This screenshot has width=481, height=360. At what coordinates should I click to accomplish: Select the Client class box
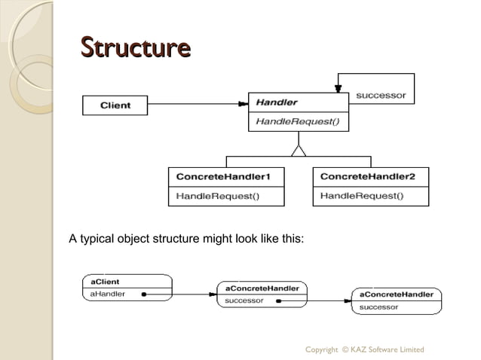tap(115, 105)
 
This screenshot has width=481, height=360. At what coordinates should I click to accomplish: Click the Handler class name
tap(277, 102)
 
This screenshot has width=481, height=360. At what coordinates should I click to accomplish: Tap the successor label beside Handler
tap(381, 96)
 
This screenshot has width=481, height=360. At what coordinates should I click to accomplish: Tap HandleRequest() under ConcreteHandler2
tap(362, 197)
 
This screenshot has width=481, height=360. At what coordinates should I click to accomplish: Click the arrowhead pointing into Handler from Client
tap(244, 103)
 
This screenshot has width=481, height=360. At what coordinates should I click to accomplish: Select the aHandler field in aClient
tap(108, 294)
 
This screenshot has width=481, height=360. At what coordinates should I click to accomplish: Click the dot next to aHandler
tap(142, 294)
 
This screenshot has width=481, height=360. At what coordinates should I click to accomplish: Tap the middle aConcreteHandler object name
tap(262, 288)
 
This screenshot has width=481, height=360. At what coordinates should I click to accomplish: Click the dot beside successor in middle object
tap(278, 301)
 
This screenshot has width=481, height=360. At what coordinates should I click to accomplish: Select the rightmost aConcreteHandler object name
tap(397, 294)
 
